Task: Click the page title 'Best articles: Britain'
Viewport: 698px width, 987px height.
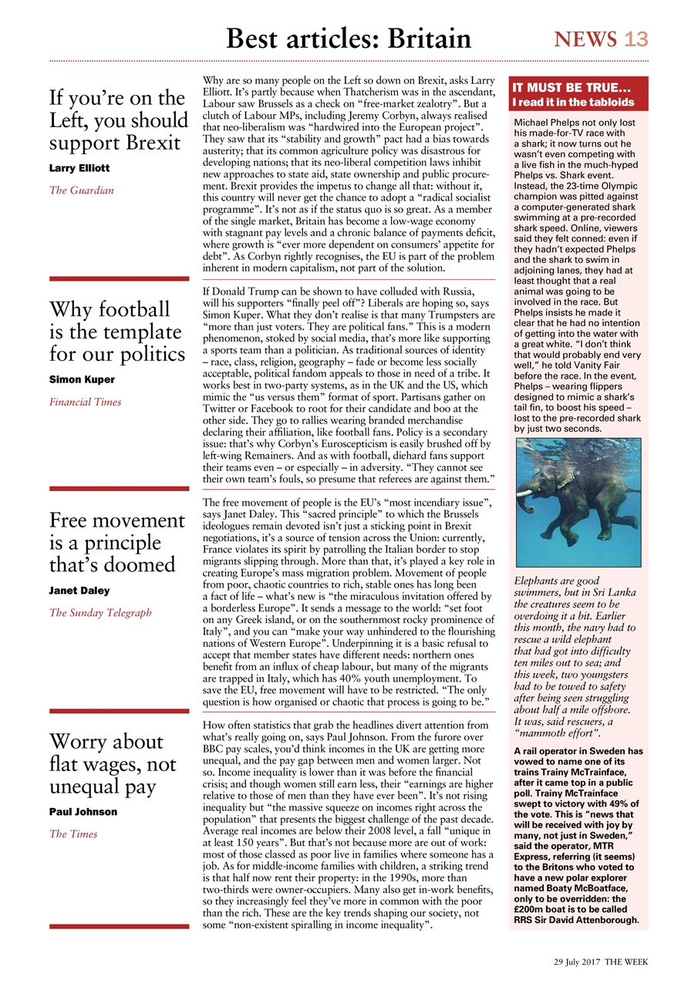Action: click(x=348, y=39)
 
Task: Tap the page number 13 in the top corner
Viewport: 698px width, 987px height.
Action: click(x=636, y=39)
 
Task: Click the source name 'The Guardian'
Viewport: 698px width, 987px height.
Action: click(x=81, y=190)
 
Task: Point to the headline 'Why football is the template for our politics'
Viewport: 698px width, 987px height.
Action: click(x=117, y=332)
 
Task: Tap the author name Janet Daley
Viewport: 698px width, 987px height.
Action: click(x=79, y=591)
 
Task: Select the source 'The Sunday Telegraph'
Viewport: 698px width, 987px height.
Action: click(x=100, y=613)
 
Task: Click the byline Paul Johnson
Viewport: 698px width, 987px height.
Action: click(x=83, y=811)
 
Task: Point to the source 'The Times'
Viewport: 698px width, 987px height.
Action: click(x=73, y=834)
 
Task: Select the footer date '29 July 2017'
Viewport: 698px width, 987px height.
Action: click(x=577, y=962)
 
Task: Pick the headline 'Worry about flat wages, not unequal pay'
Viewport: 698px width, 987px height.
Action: click(x=113, y=763)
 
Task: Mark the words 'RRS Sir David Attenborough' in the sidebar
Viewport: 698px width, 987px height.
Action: click(x=578, y=919)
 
